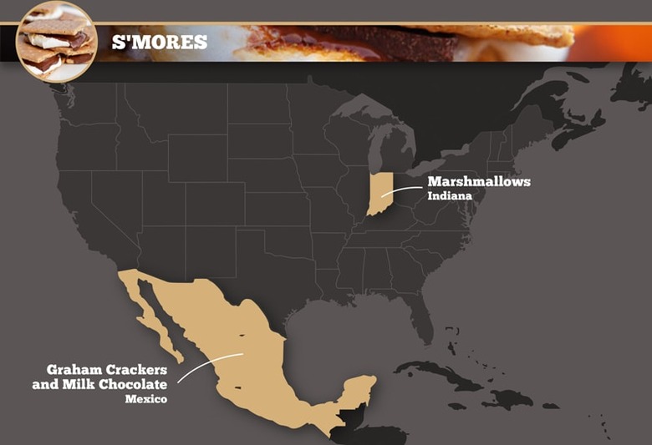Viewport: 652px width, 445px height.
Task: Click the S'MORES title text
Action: (160, 42)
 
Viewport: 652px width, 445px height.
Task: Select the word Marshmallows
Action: (479, 181)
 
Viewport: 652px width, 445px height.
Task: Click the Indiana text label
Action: (450, 196)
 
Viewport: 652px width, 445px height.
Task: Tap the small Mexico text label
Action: (146, 399)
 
